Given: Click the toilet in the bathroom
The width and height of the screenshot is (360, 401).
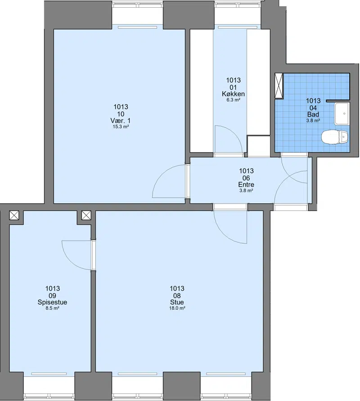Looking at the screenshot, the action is [335, 137].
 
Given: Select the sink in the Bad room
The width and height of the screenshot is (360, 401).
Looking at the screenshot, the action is [342, 114].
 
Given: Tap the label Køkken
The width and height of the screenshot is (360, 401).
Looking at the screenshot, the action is [233, 94].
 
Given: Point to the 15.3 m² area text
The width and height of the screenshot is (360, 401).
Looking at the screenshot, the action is [121, 127].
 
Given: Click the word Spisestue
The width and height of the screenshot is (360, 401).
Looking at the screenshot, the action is [53, 302].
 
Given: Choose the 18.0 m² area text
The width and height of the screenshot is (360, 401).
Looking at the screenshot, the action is [177, 308].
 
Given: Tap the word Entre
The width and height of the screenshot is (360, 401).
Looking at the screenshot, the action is [246, 184].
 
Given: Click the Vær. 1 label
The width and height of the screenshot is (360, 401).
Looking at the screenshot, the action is [121, 120].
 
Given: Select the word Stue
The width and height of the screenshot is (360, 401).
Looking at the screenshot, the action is [177, 302].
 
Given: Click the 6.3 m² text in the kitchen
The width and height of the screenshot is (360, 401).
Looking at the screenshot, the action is [233, 100].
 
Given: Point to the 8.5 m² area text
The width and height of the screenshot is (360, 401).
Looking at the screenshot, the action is [53, 308].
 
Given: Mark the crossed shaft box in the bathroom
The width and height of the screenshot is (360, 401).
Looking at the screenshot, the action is [279, 86].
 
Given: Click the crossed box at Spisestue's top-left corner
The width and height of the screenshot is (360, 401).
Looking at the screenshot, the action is [14, 215].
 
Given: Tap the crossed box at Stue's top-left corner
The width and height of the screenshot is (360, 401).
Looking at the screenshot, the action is [86, 215].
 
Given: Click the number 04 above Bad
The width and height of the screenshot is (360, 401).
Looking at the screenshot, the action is [313, 108].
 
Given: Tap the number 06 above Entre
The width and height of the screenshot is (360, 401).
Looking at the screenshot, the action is [246, 178].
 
